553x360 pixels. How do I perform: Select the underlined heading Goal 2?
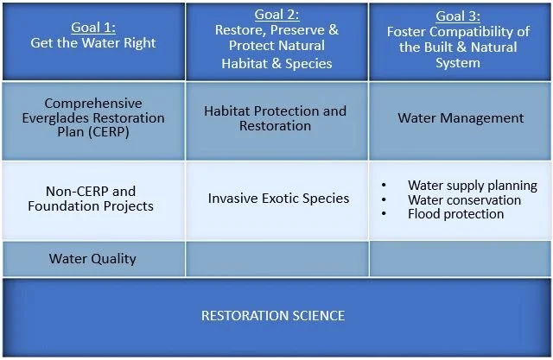click(x=276, y=15)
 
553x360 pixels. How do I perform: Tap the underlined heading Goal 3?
click(x=459, y=16)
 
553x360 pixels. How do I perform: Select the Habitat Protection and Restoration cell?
click(x=276, y=118)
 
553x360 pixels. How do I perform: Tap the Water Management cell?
click(x=460, y=117)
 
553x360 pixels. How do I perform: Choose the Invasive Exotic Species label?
click(x=278, y=198)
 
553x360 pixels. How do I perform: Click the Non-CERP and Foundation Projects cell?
click(x=91, y=199)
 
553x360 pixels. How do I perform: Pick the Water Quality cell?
click(x=92, y=258)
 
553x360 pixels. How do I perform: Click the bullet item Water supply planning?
click(x=472, y=186)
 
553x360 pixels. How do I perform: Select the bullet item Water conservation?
click(x=464, y=199)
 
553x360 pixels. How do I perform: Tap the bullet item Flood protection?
click(x=455, y=213)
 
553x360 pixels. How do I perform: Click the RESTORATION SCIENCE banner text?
click(x=273, y=316)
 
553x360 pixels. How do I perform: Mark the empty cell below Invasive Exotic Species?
click(x=276, y=258)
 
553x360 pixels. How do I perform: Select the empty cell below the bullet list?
click(x=460, y=258)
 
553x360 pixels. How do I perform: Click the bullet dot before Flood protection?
click(x=383, y=213)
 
